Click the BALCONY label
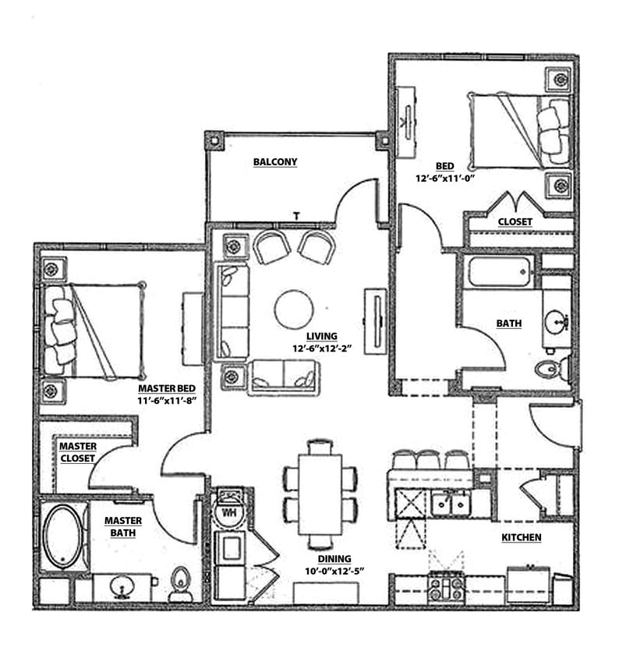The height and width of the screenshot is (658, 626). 275,162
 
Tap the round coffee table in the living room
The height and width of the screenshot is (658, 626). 294,310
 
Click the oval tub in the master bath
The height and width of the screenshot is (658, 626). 62,536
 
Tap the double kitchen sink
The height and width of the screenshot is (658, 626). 451,503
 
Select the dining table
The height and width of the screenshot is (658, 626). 320,494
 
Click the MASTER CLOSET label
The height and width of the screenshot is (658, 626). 77,452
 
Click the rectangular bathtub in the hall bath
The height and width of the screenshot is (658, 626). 500,273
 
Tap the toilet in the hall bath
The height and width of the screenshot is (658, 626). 551,369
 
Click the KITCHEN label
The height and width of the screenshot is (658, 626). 521,537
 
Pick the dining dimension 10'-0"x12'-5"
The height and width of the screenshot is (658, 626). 333,571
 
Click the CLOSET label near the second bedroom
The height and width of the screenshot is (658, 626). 515,221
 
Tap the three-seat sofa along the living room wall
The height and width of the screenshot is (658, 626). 232,311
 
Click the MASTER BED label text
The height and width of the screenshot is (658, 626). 166,388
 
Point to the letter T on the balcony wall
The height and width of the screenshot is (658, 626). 296,215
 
